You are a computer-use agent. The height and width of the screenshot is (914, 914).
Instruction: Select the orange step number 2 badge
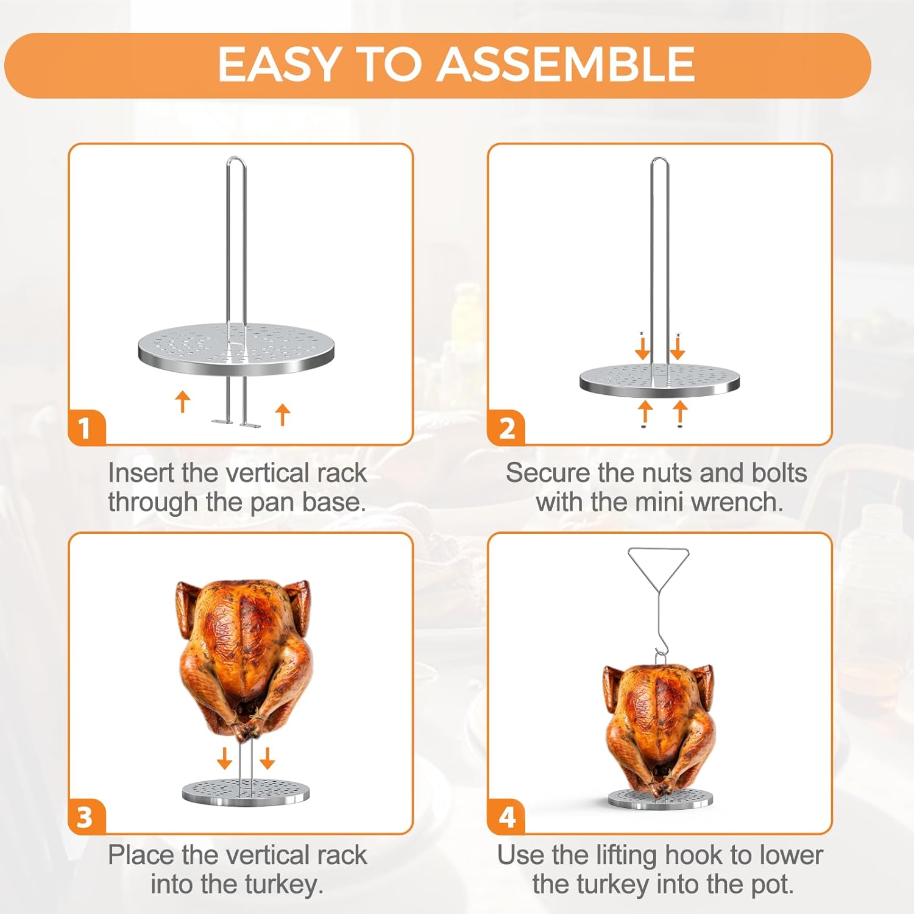507,428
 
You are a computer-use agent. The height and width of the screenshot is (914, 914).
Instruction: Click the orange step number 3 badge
85,817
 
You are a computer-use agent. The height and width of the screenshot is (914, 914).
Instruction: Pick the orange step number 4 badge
507,817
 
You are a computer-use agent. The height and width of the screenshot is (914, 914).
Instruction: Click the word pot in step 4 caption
771,884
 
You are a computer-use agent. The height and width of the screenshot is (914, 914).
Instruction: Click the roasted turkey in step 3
244,658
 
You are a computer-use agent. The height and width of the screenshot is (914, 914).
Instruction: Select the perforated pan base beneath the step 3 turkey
246,792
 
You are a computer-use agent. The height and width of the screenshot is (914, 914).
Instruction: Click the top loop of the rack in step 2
659,162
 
